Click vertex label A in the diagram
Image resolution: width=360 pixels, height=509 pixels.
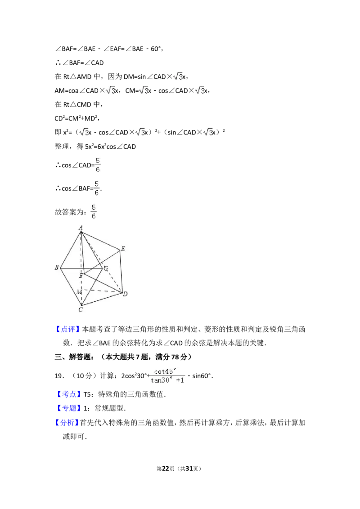81,227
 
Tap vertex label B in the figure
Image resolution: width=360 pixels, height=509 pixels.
57,267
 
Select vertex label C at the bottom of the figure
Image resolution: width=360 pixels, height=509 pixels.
81,309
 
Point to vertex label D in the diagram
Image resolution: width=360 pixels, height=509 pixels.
125,294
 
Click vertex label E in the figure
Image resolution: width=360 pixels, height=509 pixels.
123,249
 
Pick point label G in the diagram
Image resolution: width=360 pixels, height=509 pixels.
106,268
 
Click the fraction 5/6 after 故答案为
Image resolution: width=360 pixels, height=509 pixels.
94,212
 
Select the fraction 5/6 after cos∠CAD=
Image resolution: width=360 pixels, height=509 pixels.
98,165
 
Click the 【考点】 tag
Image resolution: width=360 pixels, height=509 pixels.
68,394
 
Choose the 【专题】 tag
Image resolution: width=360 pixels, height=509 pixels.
68,408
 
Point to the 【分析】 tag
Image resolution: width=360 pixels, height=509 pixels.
67,422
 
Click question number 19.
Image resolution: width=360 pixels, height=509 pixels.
59,376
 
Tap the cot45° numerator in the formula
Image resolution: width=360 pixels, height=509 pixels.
165,371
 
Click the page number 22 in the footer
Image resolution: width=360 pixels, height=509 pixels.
166,469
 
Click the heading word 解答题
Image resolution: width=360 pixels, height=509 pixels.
80,357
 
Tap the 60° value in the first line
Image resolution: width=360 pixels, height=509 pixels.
156,49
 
